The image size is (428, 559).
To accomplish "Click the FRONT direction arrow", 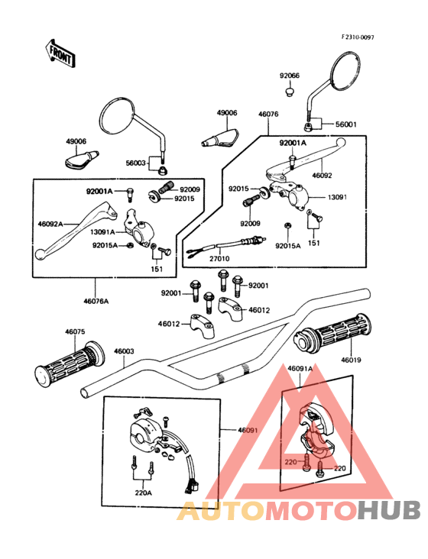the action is tap(60, 54).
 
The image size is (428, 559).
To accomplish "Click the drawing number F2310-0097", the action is tap(358, 37).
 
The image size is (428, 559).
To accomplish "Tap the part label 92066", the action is tap(289, 76).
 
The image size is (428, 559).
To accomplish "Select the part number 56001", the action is tap(345, 124).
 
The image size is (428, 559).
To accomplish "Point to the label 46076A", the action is tap(96, 301).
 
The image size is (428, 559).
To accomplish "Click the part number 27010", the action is tap(219, 258).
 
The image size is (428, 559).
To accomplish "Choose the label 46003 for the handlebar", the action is tap(124, 351).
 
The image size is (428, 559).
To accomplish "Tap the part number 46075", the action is tap(75, 332).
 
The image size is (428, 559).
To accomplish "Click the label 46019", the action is tap(351, 360).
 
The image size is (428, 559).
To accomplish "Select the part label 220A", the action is tap(144, 493).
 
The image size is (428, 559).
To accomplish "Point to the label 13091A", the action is tap(102, 232).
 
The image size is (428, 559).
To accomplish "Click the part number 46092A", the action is tap(50, 224).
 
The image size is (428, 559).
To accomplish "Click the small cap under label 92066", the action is tap(289, 92).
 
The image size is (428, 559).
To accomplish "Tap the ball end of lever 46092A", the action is tap(40, 254).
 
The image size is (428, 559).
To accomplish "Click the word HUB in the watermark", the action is tap(390, 511).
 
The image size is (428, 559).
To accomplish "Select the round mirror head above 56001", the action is tap(345, 70).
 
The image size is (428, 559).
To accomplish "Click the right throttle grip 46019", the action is tap(332, 333).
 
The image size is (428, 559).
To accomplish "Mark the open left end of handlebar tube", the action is tap(85, 393).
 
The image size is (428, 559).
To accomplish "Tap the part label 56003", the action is tap(136, 163).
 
